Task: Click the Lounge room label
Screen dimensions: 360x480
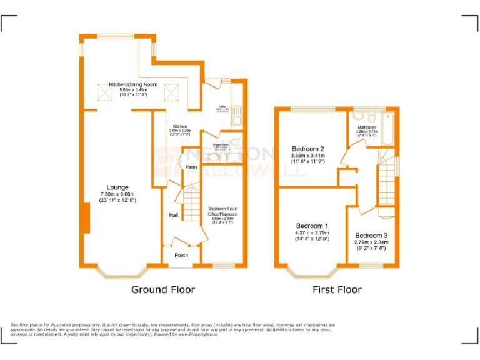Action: pos(117,187)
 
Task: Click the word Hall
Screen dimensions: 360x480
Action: pos(173,215)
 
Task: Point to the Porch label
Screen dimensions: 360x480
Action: pos(181,255)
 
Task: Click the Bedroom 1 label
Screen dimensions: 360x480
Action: pos(312,226)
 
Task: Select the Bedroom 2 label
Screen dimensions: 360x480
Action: pos(307,149)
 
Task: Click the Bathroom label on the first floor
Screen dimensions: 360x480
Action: pos(367,127)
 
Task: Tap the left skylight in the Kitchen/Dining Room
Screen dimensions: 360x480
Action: pos(104,92)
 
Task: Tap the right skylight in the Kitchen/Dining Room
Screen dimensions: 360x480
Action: pos(171,92)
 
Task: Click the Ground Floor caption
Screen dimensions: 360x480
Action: pos(162,289)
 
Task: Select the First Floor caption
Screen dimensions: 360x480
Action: pos(337,289)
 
